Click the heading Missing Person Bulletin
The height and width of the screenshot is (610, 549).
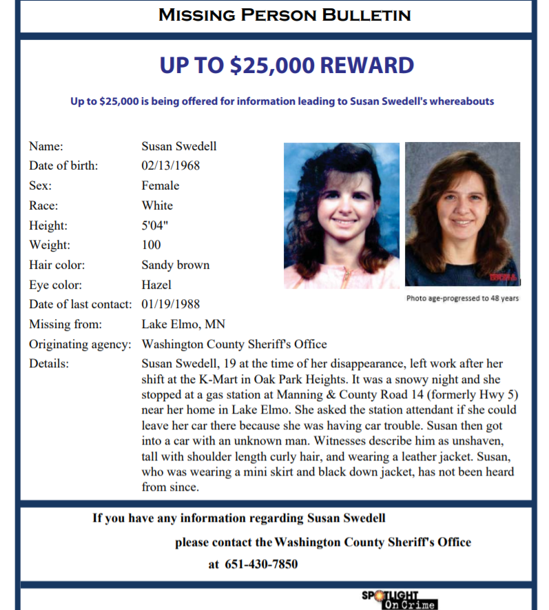(x=284, y=14)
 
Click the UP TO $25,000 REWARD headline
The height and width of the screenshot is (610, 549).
(x=287, y=66)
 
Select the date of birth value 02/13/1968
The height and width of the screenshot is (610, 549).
(x=170, y=165)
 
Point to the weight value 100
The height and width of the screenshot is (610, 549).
(x=151, y=245)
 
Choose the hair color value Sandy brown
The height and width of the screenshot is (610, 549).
(x=175, y=265)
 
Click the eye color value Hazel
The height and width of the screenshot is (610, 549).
(x=156, y=285)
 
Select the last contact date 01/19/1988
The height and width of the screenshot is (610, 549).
(x=170, y=304)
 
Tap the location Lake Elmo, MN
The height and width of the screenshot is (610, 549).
(x=183, y=324)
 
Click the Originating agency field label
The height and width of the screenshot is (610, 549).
(x=80, y=344)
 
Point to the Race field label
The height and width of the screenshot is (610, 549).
(x=43, y=205)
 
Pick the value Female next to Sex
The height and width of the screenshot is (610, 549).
(x=160, y=185)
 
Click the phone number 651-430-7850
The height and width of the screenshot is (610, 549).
(x=262, y=565)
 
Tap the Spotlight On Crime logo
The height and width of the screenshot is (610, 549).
(x=400, y=599)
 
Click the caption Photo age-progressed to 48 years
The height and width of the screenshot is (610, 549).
(x=462, y=298)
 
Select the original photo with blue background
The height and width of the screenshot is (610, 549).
(x=342, y=215)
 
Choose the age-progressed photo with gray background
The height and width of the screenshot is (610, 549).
(x=462, y=214)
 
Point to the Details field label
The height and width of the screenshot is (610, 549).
(x=49, y=363)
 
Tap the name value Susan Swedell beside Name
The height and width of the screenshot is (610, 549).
(x=178, y=146)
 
